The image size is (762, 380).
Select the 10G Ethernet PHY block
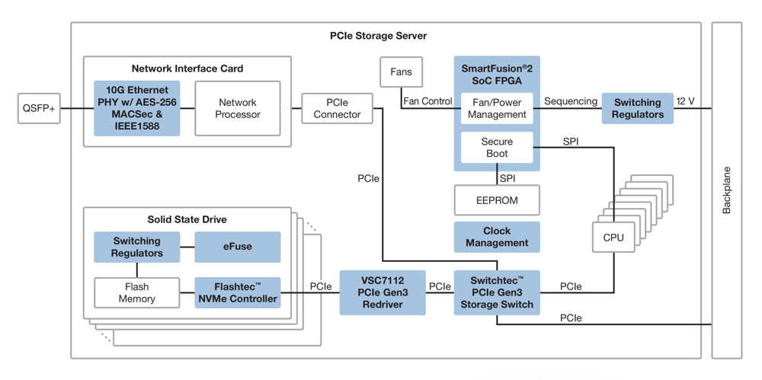click(x=137, y=108)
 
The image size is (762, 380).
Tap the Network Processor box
click(x=238, y=108)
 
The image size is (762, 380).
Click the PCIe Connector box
click(x=337, y=108)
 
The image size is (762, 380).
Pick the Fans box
click(x=401, y=72)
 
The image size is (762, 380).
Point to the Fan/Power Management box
click(x=497, y=108)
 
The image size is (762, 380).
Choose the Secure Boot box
click(x=497, y=147)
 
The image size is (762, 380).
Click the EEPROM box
click(x=497, y=200)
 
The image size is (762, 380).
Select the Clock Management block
click(x=497, y=237)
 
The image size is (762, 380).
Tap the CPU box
click(x=613, y=237)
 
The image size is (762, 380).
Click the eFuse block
click(x=238, y=247)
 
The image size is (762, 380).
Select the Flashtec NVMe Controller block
click(x=238, y=292)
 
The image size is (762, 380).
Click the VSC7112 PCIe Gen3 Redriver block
click(x=383, y=292)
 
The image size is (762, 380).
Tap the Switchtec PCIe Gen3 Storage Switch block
click(x=497, y=292)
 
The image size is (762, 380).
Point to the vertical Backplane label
click(x=726, y=190)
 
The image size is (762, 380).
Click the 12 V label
click(x=687, y=101)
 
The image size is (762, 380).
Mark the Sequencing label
click(x=569, y=101)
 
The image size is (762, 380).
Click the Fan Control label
click(x=427, y=101)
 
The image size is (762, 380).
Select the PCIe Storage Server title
click(x=378, y=36)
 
